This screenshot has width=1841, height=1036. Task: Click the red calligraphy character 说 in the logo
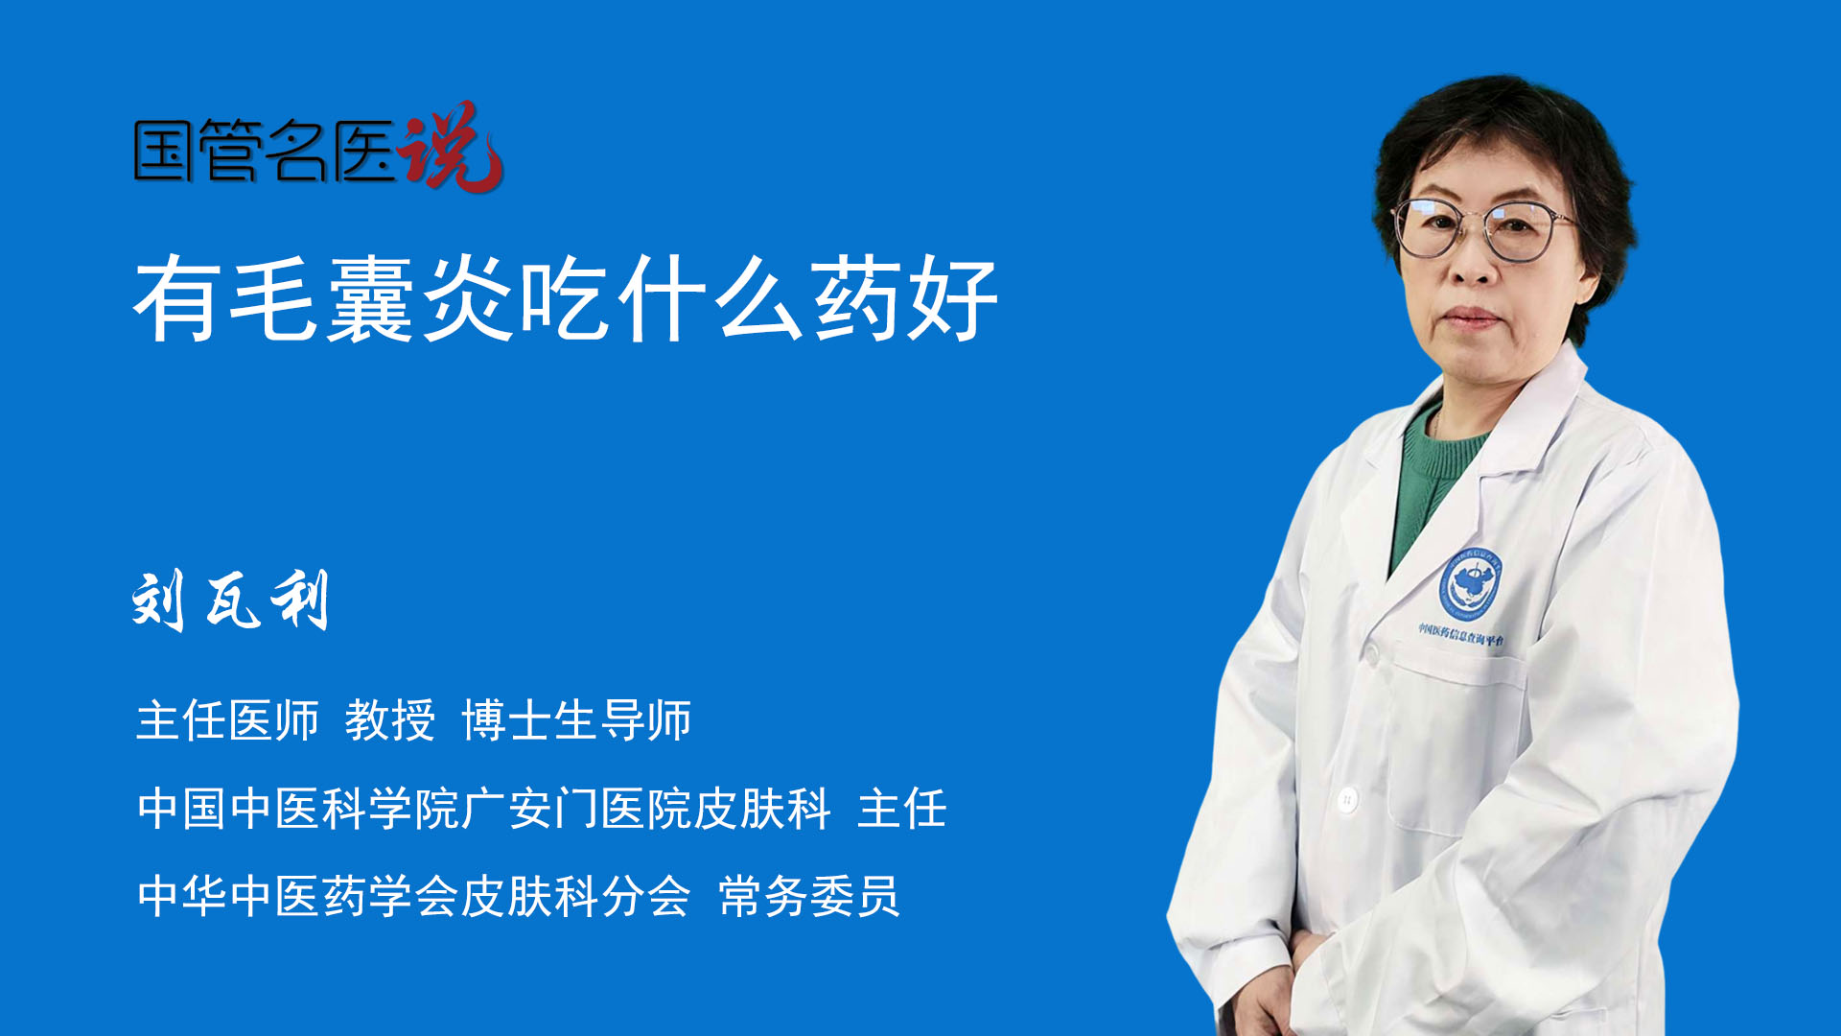tap(451, 147)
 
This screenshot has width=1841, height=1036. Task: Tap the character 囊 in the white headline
tap(370, 298)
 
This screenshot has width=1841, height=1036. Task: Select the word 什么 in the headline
tap(710, 298)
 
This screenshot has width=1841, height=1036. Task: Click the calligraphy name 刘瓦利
tap(230, 600)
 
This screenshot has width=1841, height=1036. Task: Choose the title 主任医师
tap(227, 720)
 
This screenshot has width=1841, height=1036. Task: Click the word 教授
tap(390, 720)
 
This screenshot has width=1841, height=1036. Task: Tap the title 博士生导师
tap(576, 720)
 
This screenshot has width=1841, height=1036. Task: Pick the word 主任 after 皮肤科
tap(902, 808)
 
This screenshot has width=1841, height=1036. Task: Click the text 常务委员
tap(809, 896)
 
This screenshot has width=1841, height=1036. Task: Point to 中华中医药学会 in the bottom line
tap(297, 896)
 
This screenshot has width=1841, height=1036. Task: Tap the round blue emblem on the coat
tap(1470, 582)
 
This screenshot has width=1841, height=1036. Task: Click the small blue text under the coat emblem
tap(1461, 634)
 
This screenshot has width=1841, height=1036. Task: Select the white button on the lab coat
tap(1347, 798)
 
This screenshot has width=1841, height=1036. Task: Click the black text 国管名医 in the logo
tap(265, 151)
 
